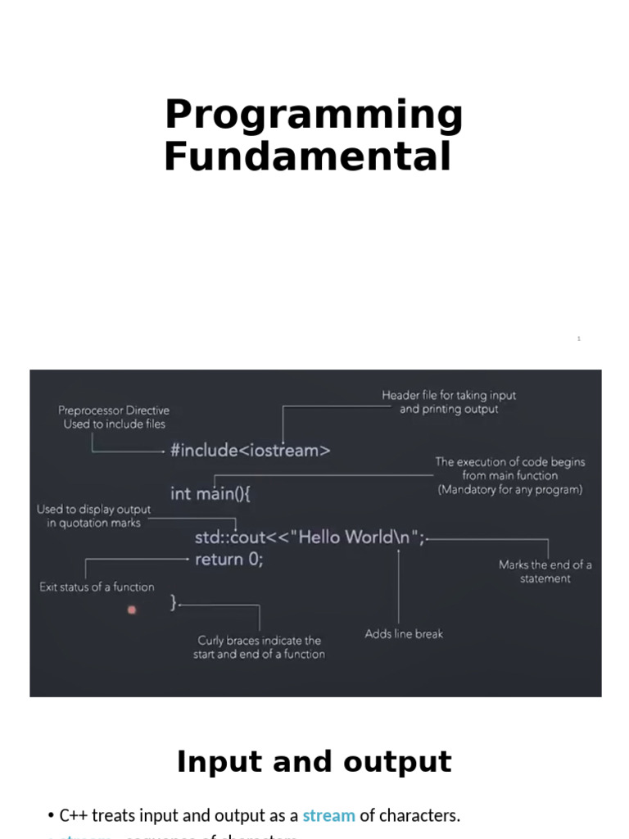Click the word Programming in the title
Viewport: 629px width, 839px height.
[314, 116]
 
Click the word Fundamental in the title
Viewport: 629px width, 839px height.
[307, 156]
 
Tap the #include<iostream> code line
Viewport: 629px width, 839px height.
[251, 450]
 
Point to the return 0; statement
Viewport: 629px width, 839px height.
[229, 560]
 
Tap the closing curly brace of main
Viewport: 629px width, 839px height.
[174, 603]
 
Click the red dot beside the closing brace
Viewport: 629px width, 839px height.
[132, 610]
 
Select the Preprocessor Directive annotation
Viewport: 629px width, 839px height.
[114, 417]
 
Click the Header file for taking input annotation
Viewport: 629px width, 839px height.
[449, 402]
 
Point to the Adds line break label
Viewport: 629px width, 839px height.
[404, 633]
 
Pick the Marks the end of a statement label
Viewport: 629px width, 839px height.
[545, 571]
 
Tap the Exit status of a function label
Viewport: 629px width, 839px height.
[97, 587]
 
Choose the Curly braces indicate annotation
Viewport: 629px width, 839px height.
[259, 647]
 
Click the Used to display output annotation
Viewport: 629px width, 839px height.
[93, 516]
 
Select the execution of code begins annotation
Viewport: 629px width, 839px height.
[509, 476]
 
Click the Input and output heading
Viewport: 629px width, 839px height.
[314, 762]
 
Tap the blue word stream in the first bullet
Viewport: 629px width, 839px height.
[328, 815]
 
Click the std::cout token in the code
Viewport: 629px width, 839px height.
[229, 537]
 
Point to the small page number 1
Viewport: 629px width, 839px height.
[578, 338]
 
